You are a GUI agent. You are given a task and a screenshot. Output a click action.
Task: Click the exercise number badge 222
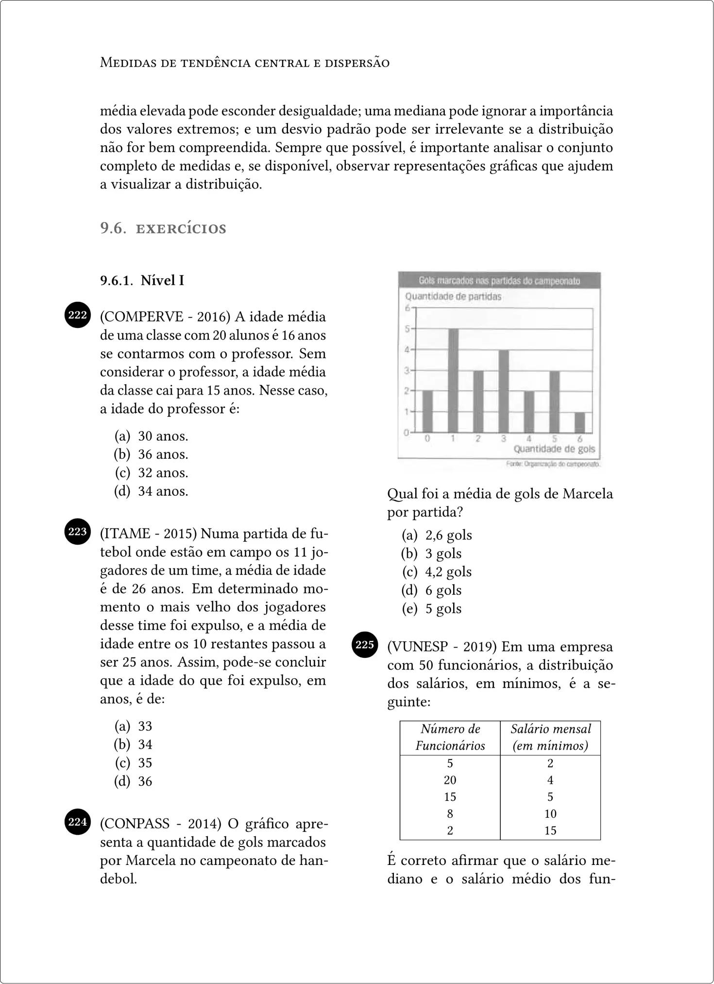pyautogui.click(x=78, y=315)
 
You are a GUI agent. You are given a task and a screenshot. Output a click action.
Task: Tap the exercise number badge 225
pyautogui.click(x=365, y=645)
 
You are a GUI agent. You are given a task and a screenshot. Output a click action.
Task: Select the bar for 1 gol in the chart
pyautogui.click(x=453, y=380)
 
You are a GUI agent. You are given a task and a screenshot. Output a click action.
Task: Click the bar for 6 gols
pyautogui.click(x=579, y=422)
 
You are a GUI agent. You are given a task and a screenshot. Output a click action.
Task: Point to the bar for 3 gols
pyautogui.click(x=504, y=391)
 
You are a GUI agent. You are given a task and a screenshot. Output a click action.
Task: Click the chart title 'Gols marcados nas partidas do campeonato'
pyautogui.click(x=499, y=281)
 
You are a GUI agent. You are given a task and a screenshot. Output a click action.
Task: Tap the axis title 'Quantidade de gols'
pyautogui.click(x=554, y=449)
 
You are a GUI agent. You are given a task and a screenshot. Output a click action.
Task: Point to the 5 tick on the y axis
pyautogui.click(x=407, y=329)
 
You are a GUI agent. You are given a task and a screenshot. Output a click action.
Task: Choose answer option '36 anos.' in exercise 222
pyautogui.click(x=163, y=454)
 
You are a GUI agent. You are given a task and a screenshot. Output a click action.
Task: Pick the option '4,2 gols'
pyautogui.click(x=448, y=572)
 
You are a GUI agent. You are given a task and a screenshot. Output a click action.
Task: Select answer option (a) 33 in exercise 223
pyautogui.click(x=145, y=726)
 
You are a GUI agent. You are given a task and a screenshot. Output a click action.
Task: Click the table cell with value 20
pyautogui.click(x=450, y=780)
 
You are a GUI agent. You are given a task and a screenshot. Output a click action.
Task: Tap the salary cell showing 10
pyautogui.click(x=550, y=813)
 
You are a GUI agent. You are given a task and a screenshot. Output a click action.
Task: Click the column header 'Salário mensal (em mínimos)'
pyautogui.click(x=550, y=737)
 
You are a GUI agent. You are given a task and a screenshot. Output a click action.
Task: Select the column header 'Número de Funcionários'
pyautogui.click(x=450, y=737)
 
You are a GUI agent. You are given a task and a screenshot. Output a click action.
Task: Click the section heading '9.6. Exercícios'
pyautogui.click(x=163, y=228)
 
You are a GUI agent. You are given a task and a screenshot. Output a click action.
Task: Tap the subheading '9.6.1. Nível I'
pyautogui.click(x=142, y=280)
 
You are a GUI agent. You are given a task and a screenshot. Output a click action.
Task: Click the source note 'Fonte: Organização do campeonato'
pyautogui.click(x=553, y=464)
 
